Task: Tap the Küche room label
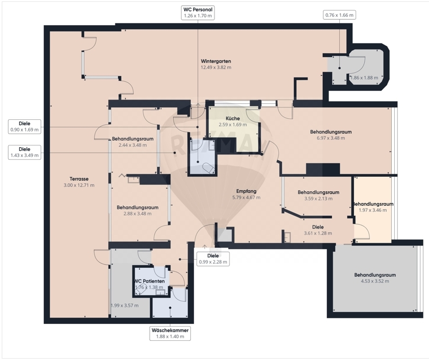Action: click(233, 118)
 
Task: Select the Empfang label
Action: click(246, 191)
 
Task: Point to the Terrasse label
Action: click(79, 179)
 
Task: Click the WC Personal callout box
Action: click(198, 13)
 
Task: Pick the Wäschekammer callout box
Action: click(170, 333)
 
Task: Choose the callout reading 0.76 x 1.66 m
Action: click(339, 15)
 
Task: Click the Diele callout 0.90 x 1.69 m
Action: click(25, 126)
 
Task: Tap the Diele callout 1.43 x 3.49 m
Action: click(25, 153)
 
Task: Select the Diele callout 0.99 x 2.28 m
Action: click(213, 259)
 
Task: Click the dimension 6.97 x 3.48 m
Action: click(331, 138)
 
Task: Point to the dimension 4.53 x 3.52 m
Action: click(375, 281)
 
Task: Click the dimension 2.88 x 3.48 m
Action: click(137, 214)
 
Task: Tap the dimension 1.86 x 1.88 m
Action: click(364, 78)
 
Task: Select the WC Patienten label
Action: click(149, 281)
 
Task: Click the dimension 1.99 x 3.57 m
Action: click(125, 306)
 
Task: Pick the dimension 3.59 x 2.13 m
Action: click(318, 198)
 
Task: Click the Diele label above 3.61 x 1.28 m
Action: click(318, 227)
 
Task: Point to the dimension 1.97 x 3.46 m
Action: click(373, 210)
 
